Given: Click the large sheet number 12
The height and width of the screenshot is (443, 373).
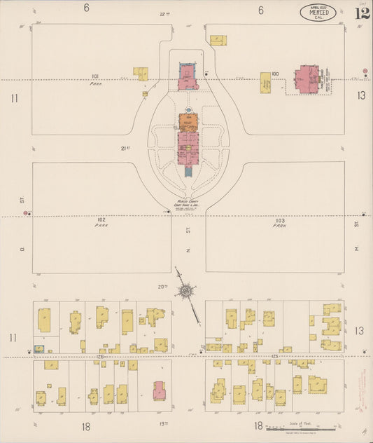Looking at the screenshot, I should click(x=363, y=13).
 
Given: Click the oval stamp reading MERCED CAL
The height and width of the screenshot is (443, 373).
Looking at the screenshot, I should click(x=318, y=12).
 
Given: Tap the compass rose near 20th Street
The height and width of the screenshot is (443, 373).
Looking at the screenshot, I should click(x=188, y=290).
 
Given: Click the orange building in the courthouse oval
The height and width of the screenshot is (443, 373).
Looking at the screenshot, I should click(x=188, y=121).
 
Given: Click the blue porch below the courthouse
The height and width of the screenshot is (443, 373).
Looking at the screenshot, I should click(x=188, y=170).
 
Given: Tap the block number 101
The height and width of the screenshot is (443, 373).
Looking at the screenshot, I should click(x=95, y=76).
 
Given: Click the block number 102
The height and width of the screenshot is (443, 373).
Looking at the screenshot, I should click(x=101, y=219).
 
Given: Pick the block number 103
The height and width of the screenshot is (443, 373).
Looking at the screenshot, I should click(x=279, y=219).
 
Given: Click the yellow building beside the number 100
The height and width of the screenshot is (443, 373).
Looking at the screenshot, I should click(x=266, y=83).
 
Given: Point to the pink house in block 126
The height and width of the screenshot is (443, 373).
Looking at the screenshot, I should click(x=159, y=390).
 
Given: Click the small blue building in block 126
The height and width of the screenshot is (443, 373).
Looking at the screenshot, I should click(x=40, y=348).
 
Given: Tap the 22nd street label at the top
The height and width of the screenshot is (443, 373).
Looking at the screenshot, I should click(x=164, y=14).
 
